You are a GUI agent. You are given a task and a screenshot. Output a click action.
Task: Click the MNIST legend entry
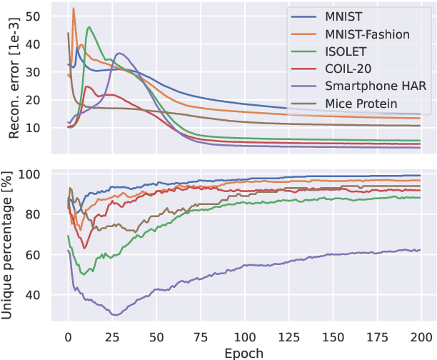pos(344,16)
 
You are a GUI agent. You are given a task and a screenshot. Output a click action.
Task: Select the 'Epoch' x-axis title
pos(244,352)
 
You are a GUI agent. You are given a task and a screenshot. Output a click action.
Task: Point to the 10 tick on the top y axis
pos(34,127)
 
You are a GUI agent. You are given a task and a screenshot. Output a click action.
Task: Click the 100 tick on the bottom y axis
pos(31,174)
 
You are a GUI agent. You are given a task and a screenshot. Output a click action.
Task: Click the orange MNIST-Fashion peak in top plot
pos(74,9)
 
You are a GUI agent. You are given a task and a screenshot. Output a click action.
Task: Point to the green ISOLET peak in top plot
pos(89,27)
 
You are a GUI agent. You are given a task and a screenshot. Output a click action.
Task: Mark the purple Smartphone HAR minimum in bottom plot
pos(114,314)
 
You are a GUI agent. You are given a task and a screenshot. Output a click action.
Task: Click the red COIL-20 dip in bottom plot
pos(85,248)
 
